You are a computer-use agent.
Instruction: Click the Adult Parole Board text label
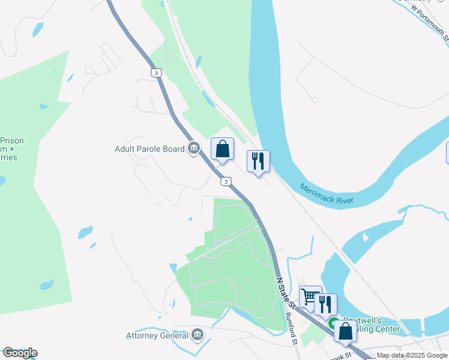tap(149, 148)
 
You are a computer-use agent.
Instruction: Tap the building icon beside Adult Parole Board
tap(193, 148)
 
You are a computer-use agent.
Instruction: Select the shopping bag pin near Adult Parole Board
tap(222, 149)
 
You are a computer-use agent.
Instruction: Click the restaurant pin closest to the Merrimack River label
tap(258, 161)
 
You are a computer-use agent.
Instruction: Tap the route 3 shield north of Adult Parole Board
tap(156, 73)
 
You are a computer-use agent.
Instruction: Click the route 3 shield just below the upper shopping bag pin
tap(224, 181)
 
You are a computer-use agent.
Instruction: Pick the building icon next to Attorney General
tap(197, 335)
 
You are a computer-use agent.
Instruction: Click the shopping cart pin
tap(310, 296)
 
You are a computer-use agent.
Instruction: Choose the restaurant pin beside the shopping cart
tap(325, 304)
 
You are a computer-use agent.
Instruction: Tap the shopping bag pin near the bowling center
tap(345, 331)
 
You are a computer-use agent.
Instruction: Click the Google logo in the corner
tap(20, 353)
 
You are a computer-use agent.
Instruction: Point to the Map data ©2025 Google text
tap(412, 355)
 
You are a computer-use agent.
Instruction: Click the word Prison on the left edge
tap(12, 141)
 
